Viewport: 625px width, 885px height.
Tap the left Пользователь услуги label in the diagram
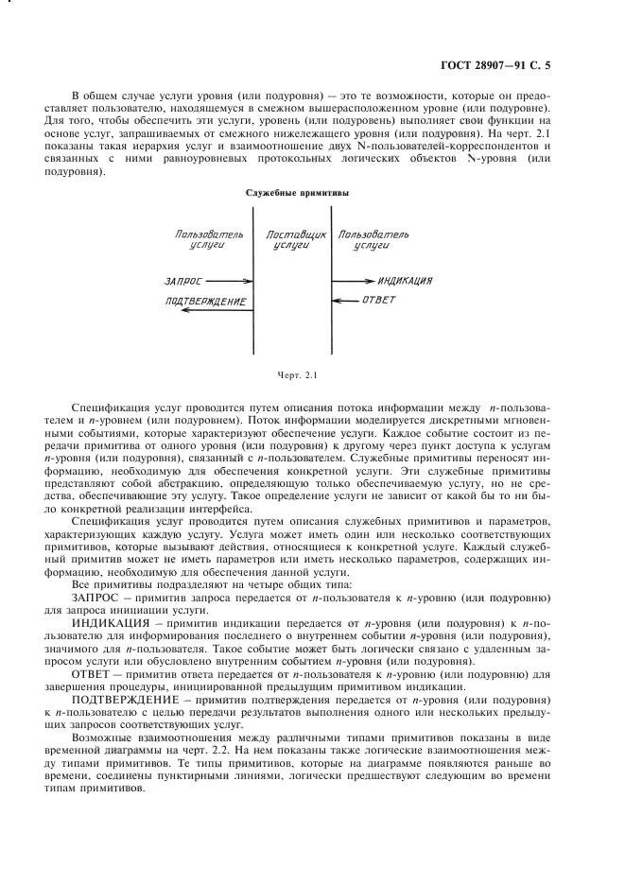point(209,237)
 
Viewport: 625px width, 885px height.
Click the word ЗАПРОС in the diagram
point(182,281)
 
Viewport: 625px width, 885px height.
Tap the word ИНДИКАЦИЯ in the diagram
point(405,281)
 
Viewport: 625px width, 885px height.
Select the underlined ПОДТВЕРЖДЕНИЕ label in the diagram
point(204,302)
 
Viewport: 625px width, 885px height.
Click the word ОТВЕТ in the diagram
point(379,301)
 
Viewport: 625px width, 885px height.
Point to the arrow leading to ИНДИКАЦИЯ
point(352,281)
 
